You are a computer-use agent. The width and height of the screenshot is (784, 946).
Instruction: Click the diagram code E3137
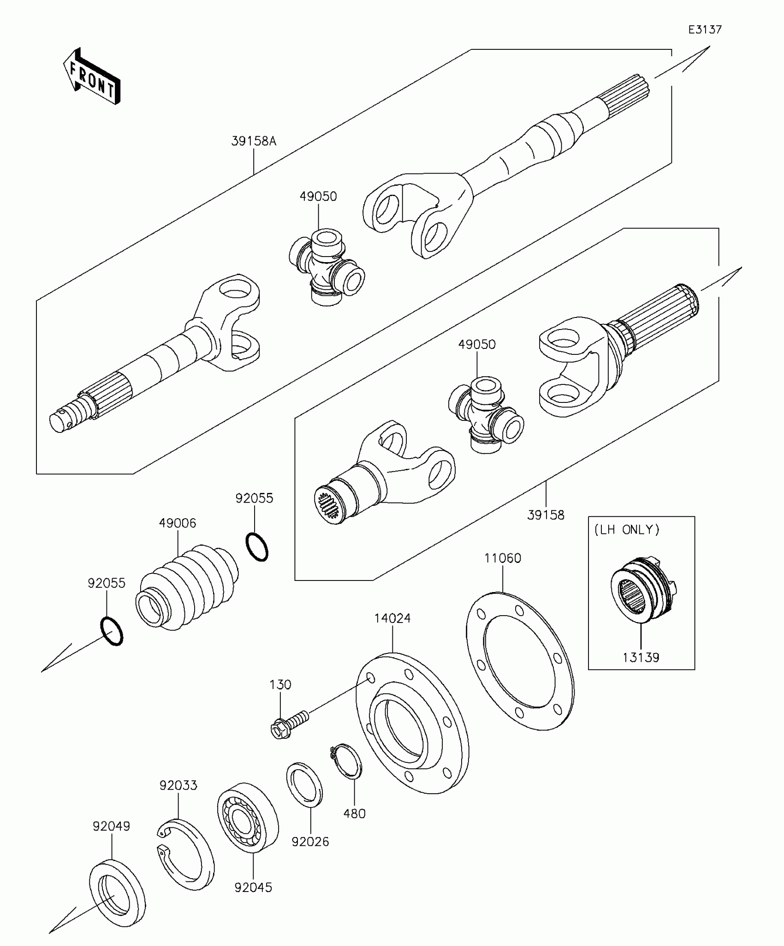point(705,30)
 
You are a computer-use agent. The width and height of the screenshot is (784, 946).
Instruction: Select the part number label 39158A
point(254,141)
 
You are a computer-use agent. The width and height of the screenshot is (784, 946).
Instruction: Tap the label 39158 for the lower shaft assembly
point(546,515)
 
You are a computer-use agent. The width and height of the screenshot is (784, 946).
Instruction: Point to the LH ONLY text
point(627,530)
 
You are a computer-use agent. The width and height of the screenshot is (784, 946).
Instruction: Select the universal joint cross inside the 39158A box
point(326,266)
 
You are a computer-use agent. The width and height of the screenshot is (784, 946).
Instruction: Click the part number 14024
point(392,618)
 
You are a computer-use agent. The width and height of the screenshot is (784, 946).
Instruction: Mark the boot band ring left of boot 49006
point(112,631)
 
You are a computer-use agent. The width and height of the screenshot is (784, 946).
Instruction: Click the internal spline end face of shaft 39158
point(328,505)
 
